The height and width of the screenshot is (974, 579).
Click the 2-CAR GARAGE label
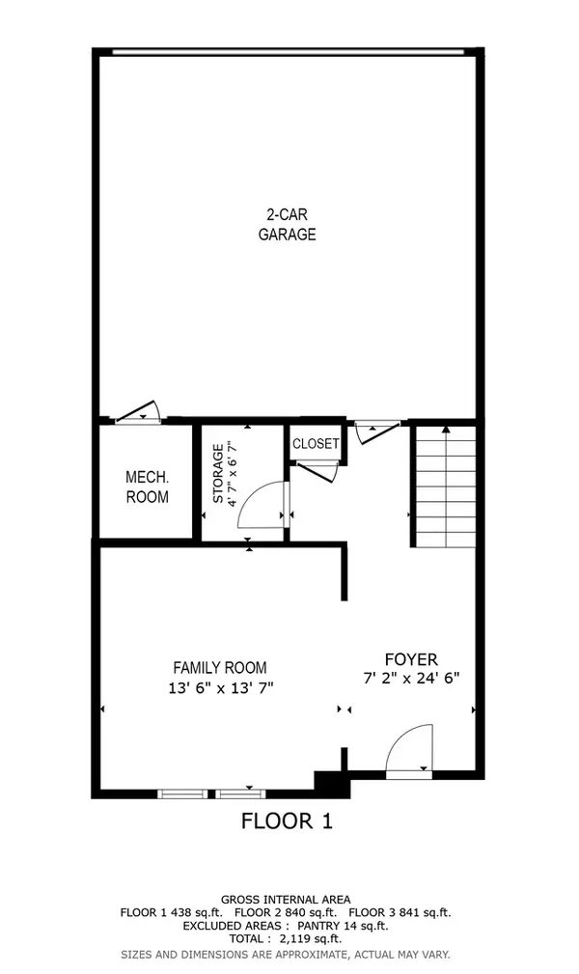tap(287, 224)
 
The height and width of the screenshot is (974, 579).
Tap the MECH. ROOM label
tap(147, 487)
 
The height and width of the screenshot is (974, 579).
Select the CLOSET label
tap(316, 444)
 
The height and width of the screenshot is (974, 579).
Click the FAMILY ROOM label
tap(219, 667)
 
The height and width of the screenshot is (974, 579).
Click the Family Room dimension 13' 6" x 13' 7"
tap(219, 688)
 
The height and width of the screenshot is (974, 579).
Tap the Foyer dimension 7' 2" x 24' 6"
tap(411, 678)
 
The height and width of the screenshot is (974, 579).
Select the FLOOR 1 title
tap(287, 821)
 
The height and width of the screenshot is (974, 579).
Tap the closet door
tap(317, 471)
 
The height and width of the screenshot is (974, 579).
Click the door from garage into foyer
tap(375, 430)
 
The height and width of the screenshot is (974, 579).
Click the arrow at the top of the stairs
tap(445, 428)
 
